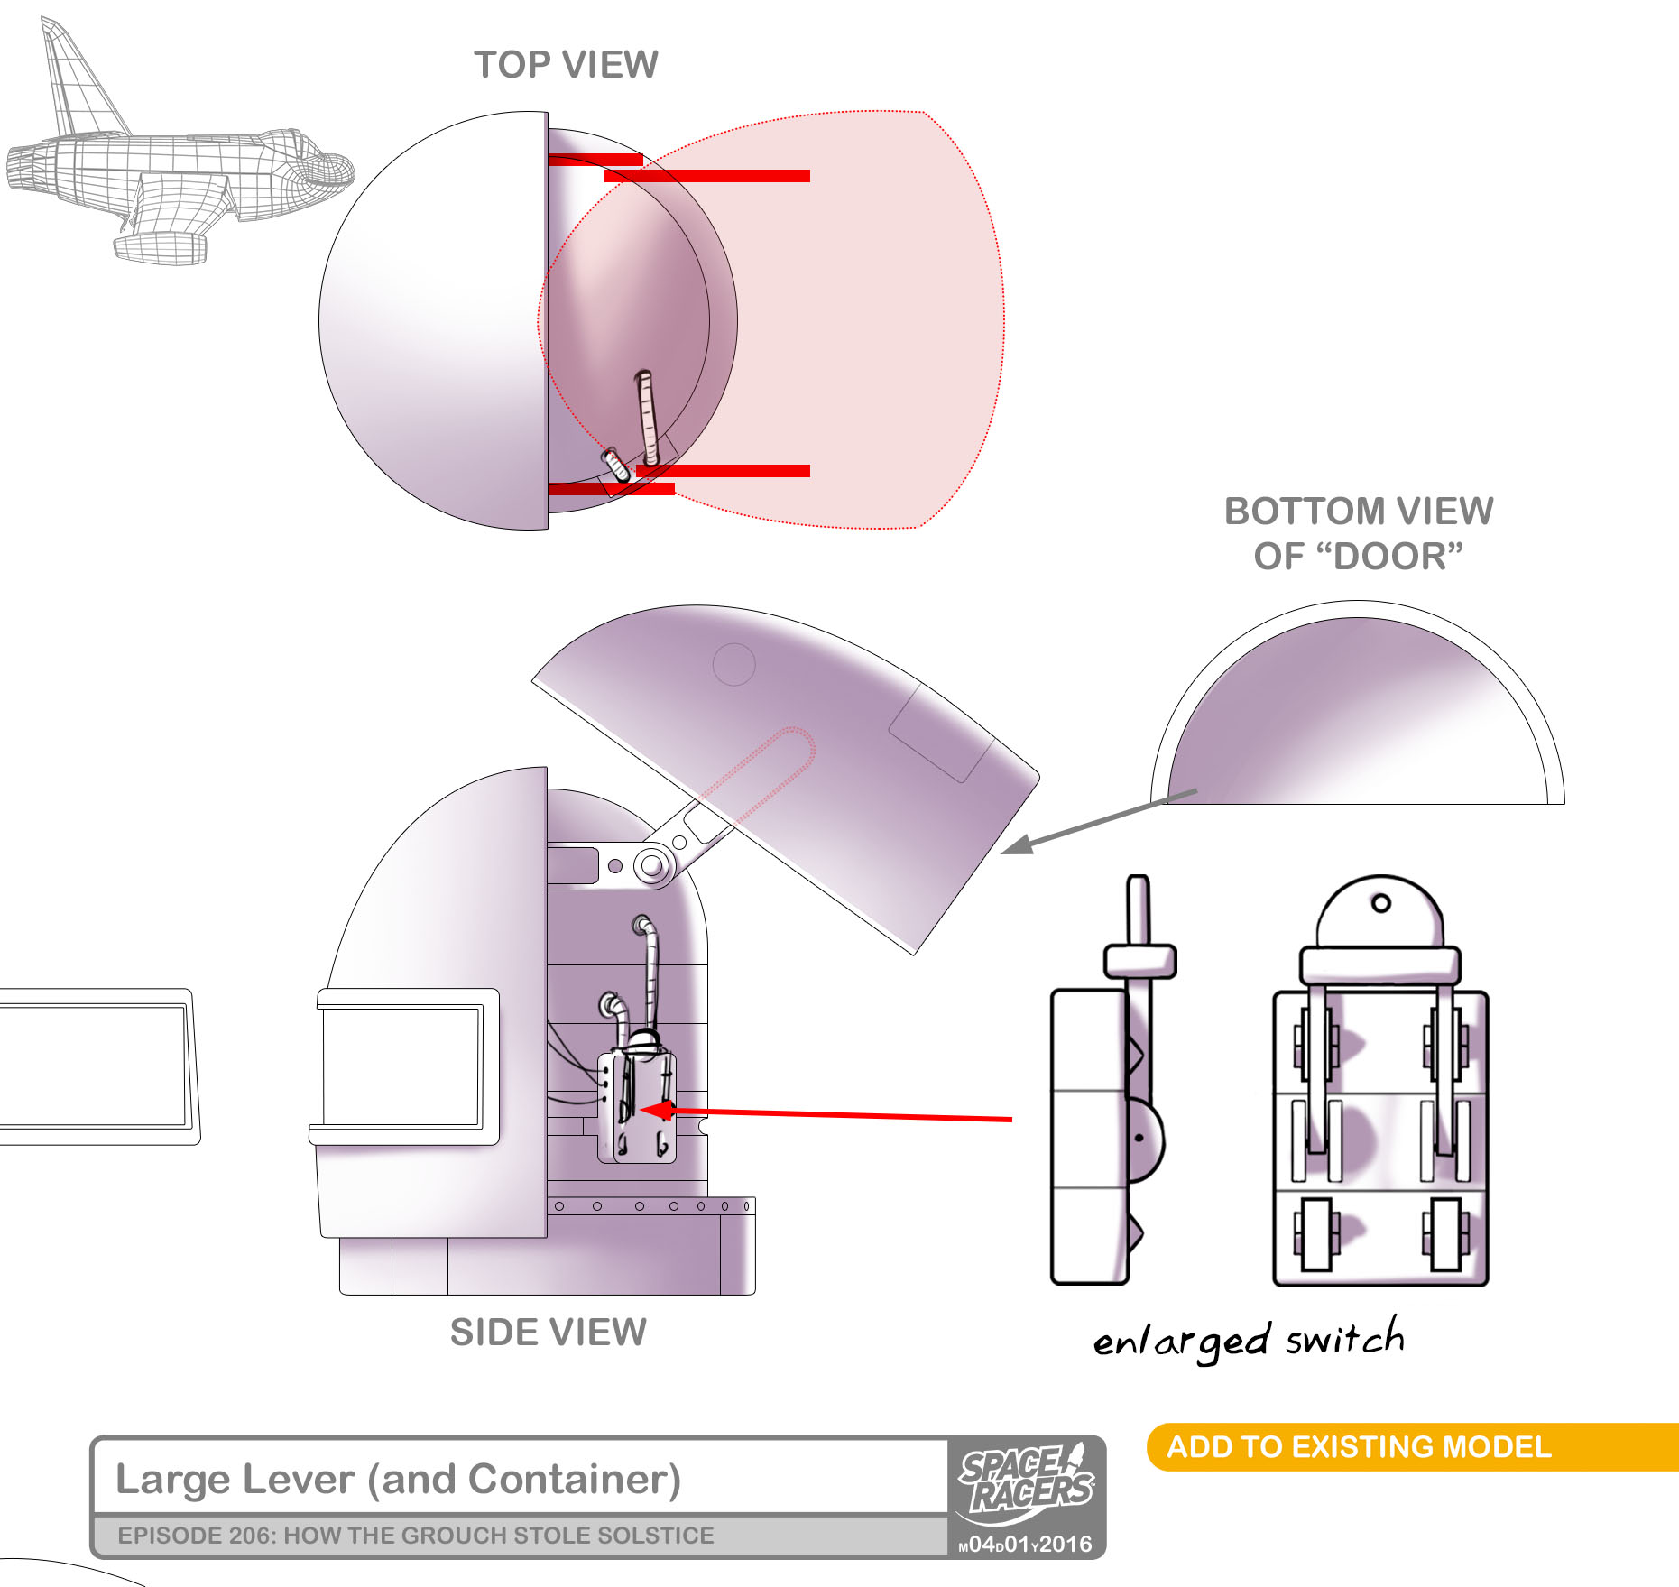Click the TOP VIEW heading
point(566,65)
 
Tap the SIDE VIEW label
point(548,1332)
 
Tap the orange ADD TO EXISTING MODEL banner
point(1359,1446)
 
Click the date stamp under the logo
point(1025,1544)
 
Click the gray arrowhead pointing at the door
point(1017,845)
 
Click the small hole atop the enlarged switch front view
point(1380,903)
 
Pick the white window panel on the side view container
point(401,1066)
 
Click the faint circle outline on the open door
point(733,665)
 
